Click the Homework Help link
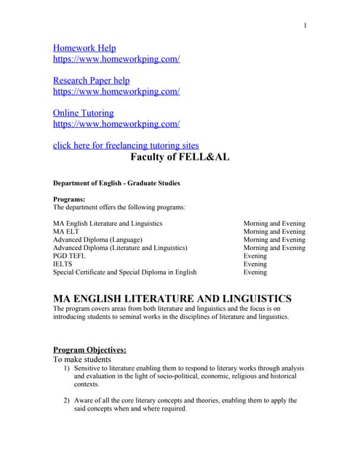tap(84, 48)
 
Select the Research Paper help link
tap(91, 81)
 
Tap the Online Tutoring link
tap(83, 113)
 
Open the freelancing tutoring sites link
tap(126, 145)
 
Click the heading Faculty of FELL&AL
tap(180, 156)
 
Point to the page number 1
tap(305, 26)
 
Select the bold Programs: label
tap(69, 198)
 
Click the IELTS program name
tap(63, 264)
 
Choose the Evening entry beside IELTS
tap(255, 264)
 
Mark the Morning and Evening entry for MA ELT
tap(274, 232)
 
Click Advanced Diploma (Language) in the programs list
tap(97, 240)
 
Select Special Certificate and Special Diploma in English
tap(124, 272)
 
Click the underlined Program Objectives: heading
tap(89, 349)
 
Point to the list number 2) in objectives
tap(66, 400)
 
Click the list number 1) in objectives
tap(66, 368)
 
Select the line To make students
tap(82, 360)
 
